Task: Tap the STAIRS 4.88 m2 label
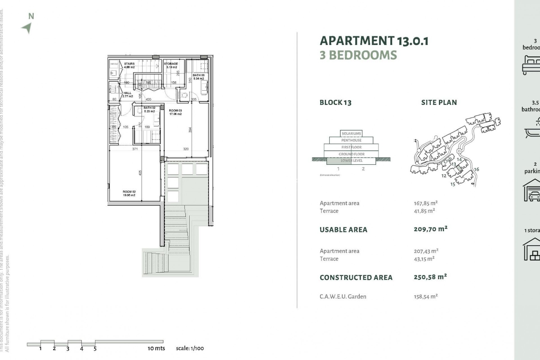[x=129, y=65]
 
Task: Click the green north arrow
[x=27, y=28]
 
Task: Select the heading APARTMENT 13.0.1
[x=374, y=41]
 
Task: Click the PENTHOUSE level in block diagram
[x=351, y=140]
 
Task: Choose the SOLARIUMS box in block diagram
[x=351, y=134]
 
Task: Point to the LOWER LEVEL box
[x=351, y=161]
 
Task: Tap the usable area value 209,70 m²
[x=430, y=229]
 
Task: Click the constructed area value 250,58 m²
[x=430, y=277]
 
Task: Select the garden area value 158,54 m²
[x=426, y=296]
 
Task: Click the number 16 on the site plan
[x=476, y=169]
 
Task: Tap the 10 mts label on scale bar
[x=156, y=348]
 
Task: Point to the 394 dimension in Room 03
[x=190, y=130]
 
